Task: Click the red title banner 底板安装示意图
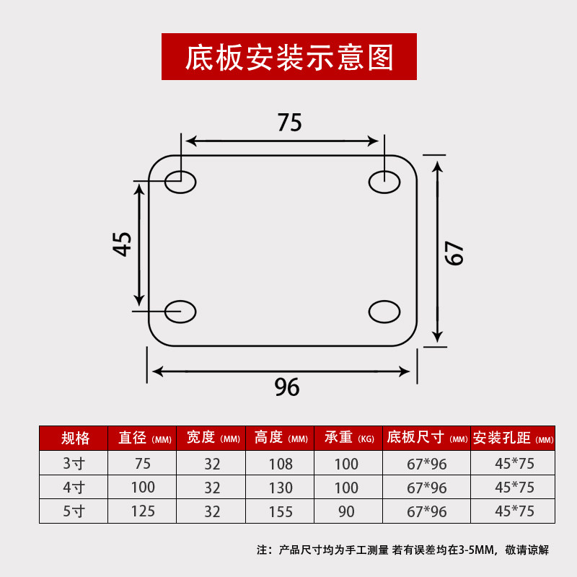(x=288, y=57)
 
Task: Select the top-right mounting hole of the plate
(x=384, y=182)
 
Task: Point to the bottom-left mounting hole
(x=180, y=312)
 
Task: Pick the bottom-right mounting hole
(x=384, y=312)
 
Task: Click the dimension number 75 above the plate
(x=289, y=123)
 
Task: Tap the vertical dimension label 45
(x=123, y=244)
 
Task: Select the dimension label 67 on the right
(x=454, y=252)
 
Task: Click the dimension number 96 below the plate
(x=286, y=387)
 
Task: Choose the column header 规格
(x=75, y=438)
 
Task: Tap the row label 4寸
(x=74, y=488)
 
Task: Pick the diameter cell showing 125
(x=143, y=512)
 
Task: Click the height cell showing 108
(x=281, y=464)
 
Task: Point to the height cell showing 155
(x=281, y=512)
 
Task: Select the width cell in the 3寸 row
(x=212, y=464)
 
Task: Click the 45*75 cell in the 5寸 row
(x=514, y=511)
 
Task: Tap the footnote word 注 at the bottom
(x=263, y=550)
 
